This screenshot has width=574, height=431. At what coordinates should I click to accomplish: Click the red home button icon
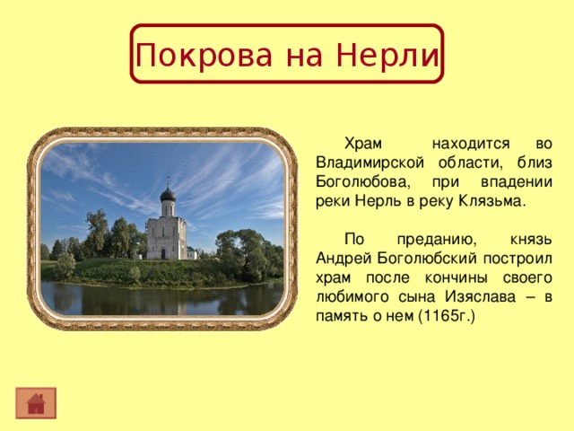(x=36, y=402)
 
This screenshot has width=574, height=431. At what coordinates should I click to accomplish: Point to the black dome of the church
(x=168, y=194)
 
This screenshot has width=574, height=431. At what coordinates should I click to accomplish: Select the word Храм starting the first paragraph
(x=363, y=144)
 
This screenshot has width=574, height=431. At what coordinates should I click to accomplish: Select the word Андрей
(x=340, y=259)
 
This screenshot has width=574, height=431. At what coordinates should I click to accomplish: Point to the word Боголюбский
(x=417, y=259)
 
